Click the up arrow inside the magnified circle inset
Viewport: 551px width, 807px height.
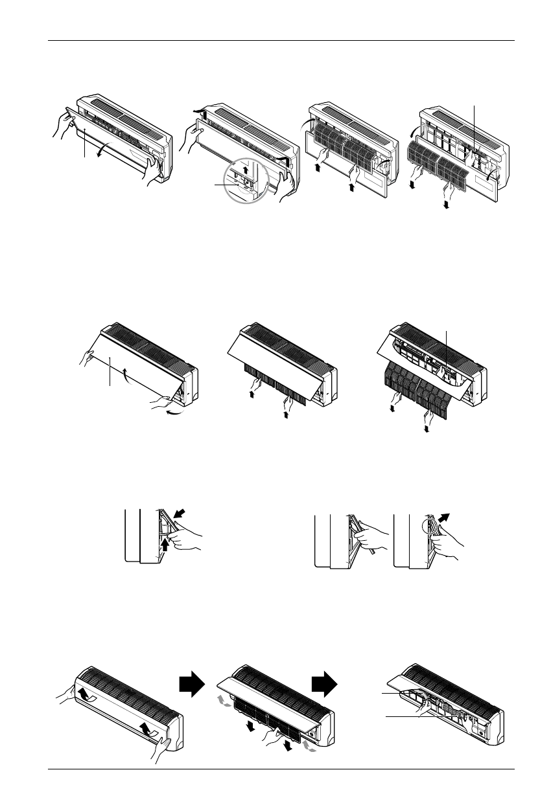click(245, 172)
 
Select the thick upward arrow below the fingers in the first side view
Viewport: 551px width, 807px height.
click(166, 543)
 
